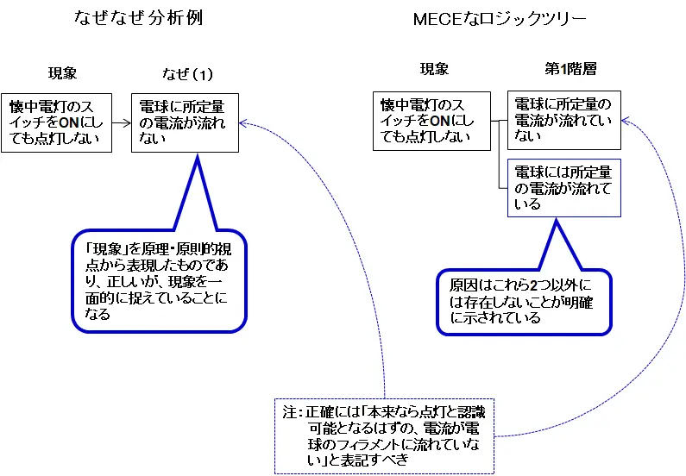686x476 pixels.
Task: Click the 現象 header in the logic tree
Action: coord(434,70)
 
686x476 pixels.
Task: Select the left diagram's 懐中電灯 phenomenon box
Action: coord(58,122)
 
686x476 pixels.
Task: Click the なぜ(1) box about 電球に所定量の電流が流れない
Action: coord(184,122)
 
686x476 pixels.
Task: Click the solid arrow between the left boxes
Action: coord(123,122)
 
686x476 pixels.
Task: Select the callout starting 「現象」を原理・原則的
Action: coord(158,279)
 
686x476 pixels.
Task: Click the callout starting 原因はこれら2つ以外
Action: coord(524,301)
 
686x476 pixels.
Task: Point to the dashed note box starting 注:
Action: coord(384,435)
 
